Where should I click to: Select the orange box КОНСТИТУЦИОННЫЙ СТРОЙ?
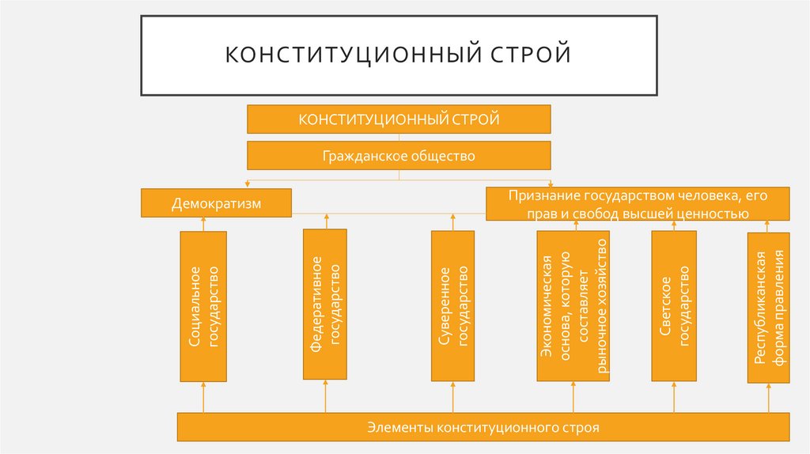399,119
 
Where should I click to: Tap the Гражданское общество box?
399,156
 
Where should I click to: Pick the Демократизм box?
216,203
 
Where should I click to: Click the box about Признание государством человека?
638,203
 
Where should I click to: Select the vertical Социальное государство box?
203,307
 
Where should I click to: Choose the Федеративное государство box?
325,304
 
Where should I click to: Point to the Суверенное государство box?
452,306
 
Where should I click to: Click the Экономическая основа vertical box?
573,306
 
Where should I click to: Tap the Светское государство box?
674,306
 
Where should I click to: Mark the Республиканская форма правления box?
768,307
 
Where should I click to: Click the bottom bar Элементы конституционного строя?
483,427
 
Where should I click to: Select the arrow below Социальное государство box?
203,398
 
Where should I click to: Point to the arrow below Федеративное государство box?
325,396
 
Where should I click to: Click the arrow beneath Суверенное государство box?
452,398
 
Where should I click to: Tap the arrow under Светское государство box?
674,398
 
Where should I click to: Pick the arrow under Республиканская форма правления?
768,398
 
